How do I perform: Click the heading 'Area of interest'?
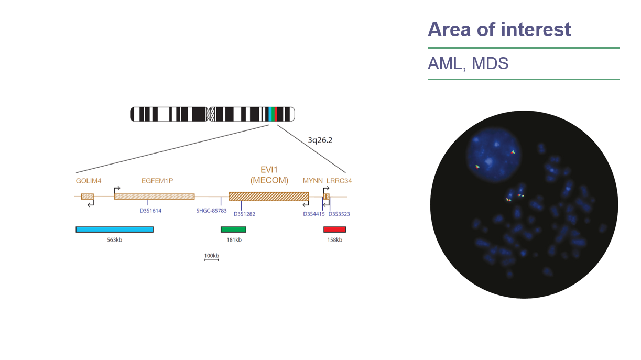pyautogui.click(x=499, y=29)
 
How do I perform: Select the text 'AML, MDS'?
pyautogui.click(x=468, y=64)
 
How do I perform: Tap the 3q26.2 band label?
pyautogui.click(x=320, y=140)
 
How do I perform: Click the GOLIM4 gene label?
pyautogui.click(x=89, y=181)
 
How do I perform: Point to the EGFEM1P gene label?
pyautogui.click(x=157, y=181)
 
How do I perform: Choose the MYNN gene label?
pyautogui.click(x=312, y=181)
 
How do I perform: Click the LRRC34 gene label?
pyautogui.click(x=339, y=181)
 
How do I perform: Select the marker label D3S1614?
pyautogui.click(x=150, y=211)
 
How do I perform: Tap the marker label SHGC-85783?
pyautogui.click(x=211, y=211)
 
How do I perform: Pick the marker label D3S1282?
pyautogui.click(x=244, y=214)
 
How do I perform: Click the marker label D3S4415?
pyautogui.click(x=314, y=214)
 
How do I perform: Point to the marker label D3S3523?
pyautogui.click(x=339, y=214)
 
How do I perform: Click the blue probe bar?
pyautogui.click(x=114, y=229)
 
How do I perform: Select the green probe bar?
pyautogui.click(x=233, y=229)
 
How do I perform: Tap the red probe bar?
pyautogui.click(x=334, y=229)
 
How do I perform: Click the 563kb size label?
pyautogui.click(x=114, y=240)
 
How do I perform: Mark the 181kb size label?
pyautogui.click(x=233, y=240)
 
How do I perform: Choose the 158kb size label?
pyautogui.click(x=334, y=240)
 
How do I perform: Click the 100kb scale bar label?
pyautogui.click(x=211, y=255)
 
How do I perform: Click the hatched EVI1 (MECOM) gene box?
pyautogui.click(x=268, y=196)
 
